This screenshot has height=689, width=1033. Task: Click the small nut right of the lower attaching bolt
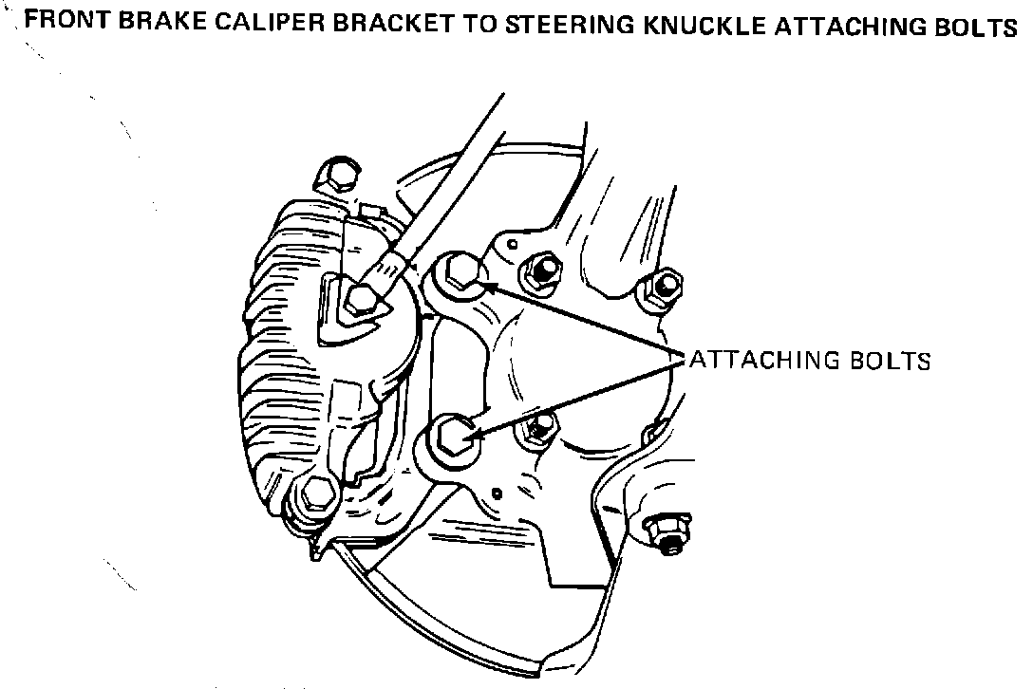point(536,429)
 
